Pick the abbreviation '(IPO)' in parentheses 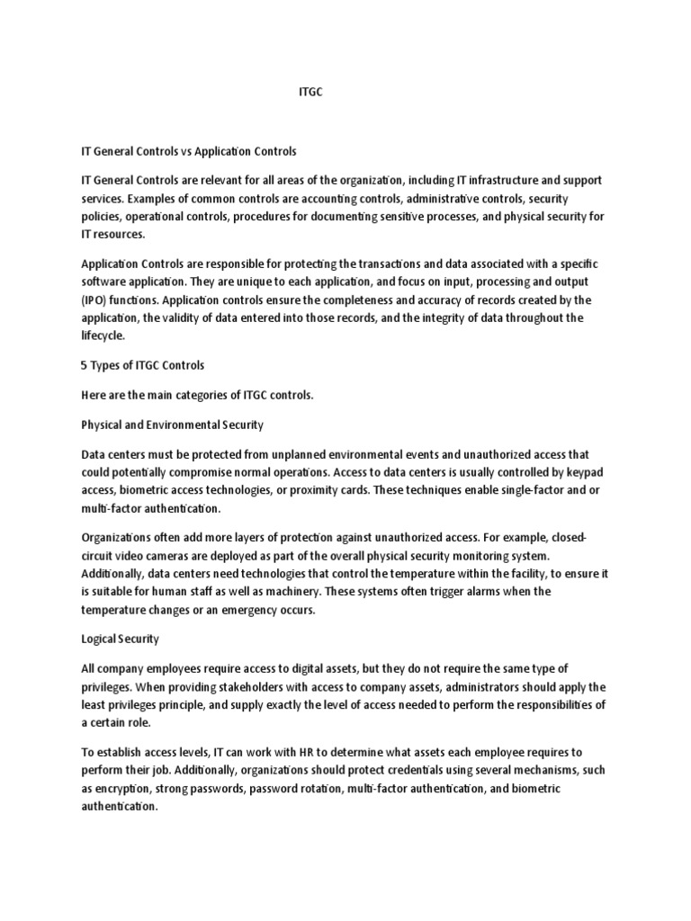pyautogui.click(x=96, y=300)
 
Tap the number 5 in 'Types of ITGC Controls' pyautogui.click(x=85, y=364)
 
